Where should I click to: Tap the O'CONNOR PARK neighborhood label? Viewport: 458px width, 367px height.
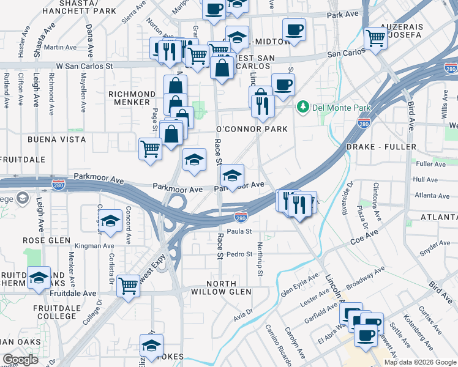pos(252,130)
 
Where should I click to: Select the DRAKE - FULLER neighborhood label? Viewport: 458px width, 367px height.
pos(381,147)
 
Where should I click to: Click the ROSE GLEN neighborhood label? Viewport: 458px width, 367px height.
pos(47,240)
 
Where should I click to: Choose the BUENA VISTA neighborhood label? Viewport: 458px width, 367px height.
pos(57,139)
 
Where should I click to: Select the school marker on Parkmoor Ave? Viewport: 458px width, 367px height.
pos(232,176)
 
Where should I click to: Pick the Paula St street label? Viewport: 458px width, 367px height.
pos(239,231)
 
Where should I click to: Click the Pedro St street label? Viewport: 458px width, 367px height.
pos(239,254)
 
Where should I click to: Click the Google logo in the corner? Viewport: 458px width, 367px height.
pos(20,360)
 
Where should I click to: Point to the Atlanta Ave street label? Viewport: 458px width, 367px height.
pos(426,196)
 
